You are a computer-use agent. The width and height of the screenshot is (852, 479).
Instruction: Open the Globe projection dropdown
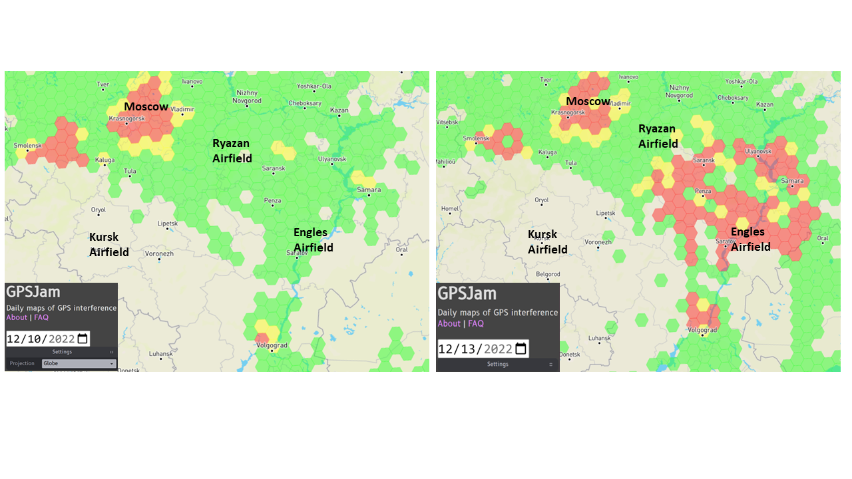pos(79,364)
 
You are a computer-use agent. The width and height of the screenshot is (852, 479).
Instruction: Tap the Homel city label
pos(450,208)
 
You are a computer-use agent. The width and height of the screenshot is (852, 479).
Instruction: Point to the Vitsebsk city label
pos(447,122)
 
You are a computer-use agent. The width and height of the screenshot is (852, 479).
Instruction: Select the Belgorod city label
pos(548,273)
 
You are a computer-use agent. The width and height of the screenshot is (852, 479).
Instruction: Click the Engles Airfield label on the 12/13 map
pos(750,239)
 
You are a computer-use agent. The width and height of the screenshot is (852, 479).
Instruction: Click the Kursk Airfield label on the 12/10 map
pos(108,244)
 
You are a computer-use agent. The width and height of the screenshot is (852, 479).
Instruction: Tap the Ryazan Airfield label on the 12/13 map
pos(658,136)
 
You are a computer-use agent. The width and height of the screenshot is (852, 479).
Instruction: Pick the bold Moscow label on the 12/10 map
pos(146,106)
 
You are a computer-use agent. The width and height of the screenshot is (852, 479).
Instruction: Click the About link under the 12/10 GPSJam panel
pos(17,317)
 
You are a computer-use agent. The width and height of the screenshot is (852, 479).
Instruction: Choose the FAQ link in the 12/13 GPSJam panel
pos(476,323)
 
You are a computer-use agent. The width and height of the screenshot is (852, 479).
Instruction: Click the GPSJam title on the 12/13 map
pos(467,293)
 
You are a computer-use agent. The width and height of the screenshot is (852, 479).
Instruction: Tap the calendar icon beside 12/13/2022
pos(521,349)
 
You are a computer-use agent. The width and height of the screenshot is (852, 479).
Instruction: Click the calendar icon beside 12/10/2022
pos(83,339)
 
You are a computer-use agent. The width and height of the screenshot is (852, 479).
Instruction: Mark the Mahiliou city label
pos(446,162)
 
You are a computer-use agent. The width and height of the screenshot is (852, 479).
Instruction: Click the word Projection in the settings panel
pos(22,364)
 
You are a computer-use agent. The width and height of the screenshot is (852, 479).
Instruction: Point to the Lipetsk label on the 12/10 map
pos(168,224)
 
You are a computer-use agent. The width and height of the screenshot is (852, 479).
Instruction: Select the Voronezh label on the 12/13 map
pos(599,242)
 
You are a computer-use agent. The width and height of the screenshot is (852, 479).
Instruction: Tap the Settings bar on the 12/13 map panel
pos(497,364)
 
